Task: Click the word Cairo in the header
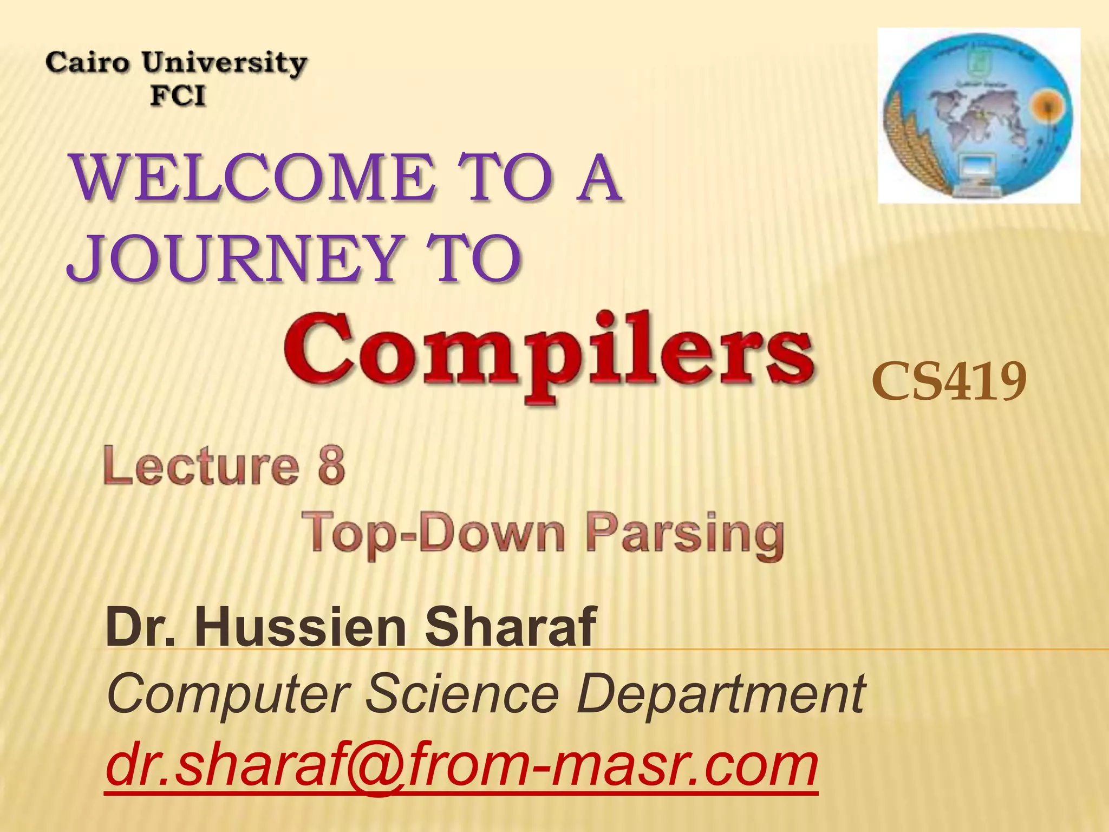[88, 63]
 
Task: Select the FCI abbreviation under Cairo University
[178, 96]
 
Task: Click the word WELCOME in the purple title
[254, 178]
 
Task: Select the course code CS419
[949, 382]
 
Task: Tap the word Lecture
[201, 466]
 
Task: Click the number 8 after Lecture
[331, 466]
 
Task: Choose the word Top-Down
[436, 534]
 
